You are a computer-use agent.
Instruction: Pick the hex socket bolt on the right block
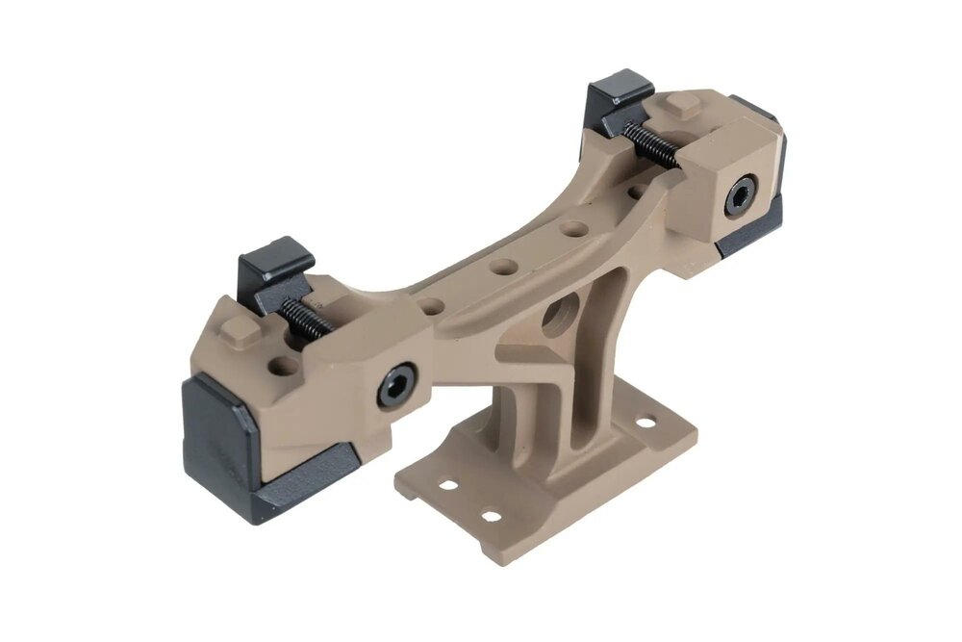[740, 196]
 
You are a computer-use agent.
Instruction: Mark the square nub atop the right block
[684, 107]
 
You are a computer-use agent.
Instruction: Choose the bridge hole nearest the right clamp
[636, 192]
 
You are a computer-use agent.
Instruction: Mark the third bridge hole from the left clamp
[575, 229]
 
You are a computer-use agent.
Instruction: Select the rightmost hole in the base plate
[644, 421]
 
